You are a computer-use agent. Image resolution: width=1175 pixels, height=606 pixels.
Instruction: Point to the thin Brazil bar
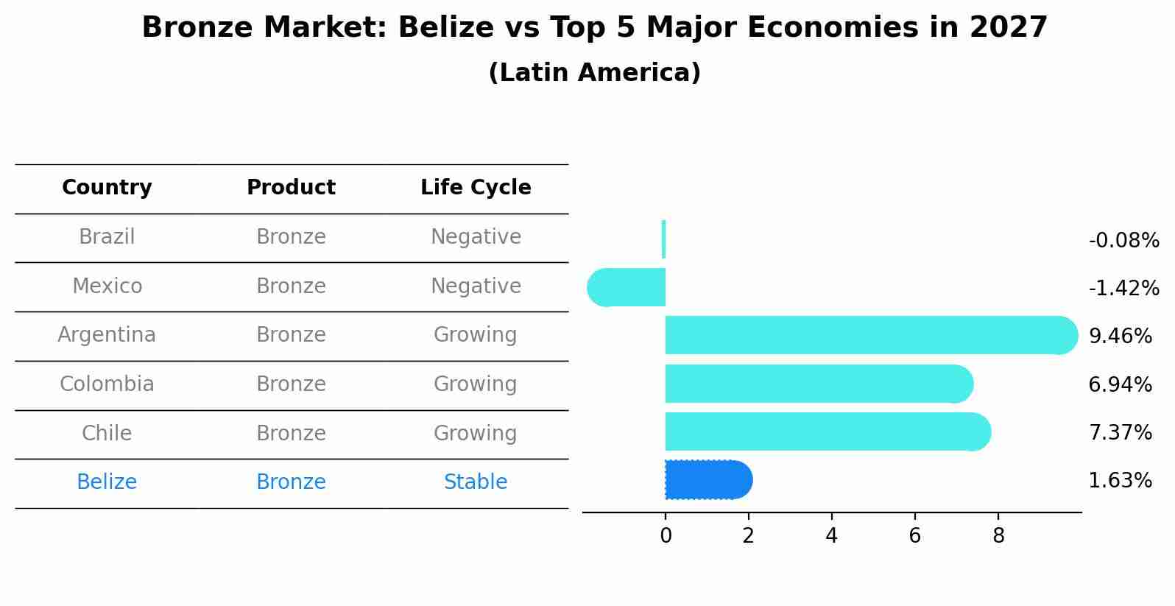664,239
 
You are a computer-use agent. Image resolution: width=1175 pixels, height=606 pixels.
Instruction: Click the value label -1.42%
1123,288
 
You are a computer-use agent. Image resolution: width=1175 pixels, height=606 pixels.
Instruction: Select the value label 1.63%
1120,481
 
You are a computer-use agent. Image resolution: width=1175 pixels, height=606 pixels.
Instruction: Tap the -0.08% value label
1123,241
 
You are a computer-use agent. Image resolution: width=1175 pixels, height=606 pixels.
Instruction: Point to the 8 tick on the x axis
998,536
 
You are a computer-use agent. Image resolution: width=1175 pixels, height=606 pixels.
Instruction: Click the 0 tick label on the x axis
666,536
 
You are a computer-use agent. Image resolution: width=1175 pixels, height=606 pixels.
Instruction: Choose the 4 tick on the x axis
832,536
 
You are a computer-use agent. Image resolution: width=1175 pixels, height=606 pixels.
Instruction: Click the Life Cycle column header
476,188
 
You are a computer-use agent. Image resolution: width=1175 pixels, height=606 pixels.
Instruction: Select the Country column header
107,188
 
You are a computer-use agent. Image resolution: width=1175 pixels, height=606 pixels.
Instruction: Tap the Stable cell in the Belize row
476,482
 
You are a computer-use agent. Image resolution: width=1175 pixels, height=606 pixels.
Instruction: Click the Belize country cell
107,482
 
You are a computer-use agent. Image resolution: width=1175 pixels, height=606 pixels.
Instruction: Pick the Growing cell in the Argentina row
476,335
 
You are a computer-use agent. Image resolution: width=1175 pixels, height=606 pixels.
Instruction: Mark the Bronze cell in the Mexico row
291,286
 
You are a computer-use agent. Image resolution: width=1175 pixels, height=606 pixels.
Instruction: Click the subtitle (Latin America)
594,73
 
